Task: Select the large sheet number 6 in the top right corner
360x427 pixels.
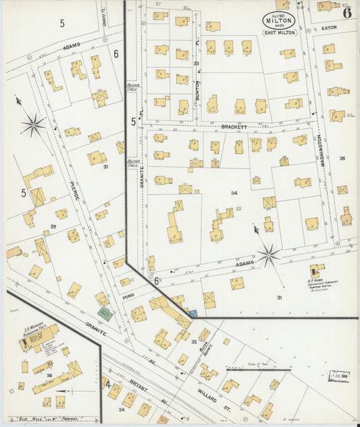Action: coord(346,12)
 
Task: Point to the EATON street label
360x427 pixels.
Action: coord(329,28)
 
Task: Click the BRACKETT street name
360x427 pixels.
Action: coord(231,126)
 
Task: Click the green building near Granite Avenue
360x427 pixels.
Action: coord(105,313)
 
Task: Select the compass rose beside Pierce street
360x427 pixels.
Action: coord(32,124)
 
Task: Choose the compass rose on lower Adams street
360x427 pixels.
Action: coord(268,255)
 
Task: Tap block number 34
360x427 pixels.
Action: coord(234,193)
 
